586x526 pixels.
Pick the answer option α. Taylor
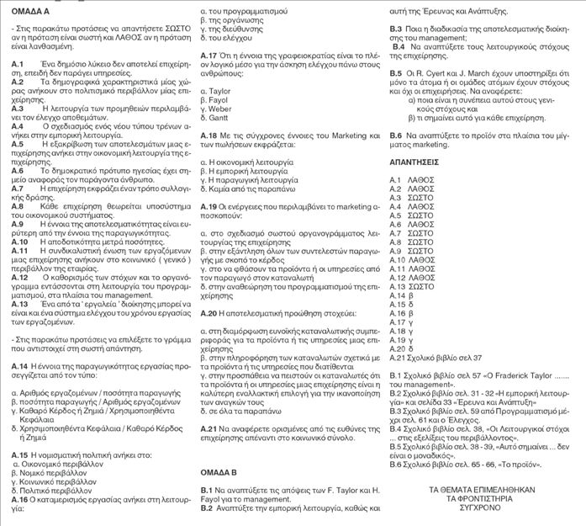pyautogui.click(x=217, y=89)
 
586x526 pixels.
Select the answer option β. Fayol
pyautogui.click(x=216, y=98)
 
